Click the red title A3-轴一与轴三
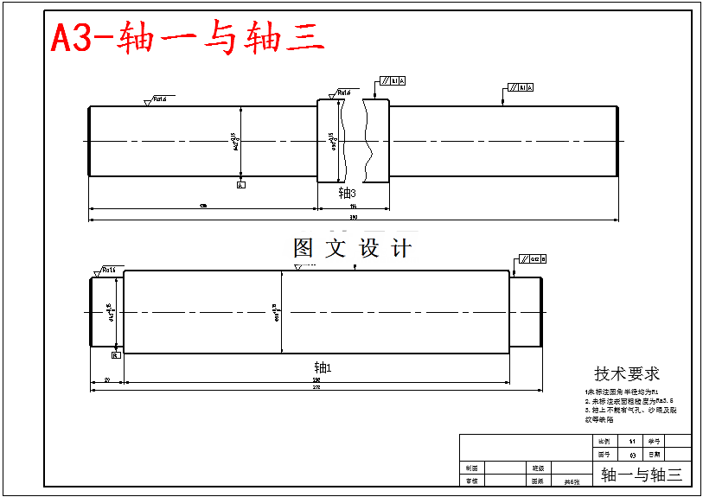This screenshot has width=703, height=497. [189, 38]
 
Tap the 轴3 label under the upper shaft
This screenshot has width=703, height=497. [347, 193]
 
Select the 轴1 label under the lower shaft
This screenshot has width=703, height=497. [323, 366]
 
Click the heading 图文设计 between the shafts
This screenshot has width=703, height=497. [352, 249]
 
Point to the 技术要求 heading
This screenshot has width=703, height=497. [626, 374]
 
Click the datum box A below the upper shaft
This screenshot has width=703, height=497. [240, 184]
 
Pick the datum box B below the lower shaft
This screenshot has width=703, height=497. [115, 354]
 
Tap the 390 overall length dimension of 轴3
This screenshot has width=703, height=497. [353, 217]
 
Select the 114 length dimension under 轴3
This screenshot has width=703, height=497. [353, 207]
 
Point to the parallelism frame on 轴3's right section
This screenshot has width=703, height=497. [521, 87]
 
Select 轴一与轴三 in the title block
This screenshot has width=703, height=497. [641, 474]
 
